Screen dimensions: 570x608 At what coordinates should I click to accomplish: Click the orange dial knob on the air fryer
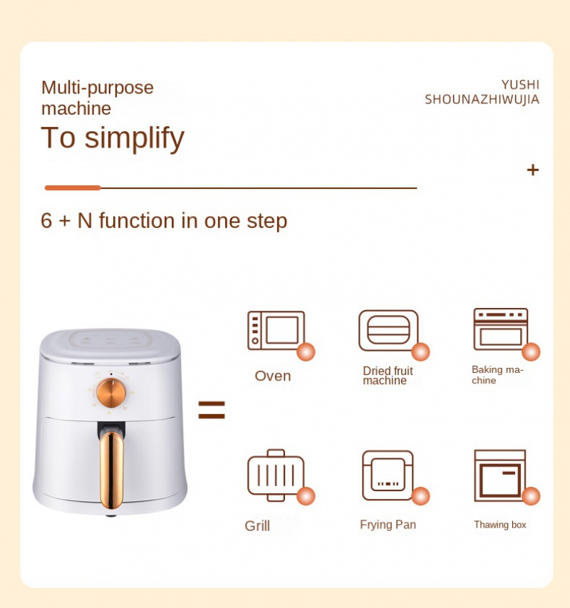pyautogui.click(x=111, y=393)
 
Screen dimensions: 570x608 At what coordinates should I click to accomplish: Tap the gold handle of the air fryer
pyautogui.click(x=112, y=470)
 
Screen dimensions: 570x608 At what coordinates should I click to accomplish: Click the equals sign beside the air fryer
pyautogui.click(x=212, y=410)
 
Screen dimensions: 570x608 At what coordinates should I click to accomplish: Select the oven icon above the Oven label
pyautogui.click(x=276, y=330)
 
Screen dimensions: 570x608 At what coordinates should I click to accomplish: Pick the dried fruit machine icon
pyautogui.click(x=388, y=330)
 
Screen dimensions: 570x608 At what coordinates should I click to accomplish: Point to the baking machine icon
pyautogui.click(x=501, y=329)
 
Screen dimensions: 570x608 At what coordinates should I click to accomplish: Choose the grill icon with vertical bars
pyautogui.click(x=276, y=475)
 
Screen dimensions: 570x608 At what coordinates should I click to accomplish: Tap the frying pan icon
pyautogui.click(x=388, y=475)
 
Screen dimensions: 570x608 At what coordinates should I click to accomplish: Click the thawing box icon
pyautogui.click(x=500, y=475)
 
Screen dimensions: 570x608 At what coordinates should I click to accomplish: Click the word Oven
pyautogui.click(x=273, y=376)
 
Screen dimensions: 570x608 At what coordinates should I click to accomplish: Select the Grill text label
pyautogui.click(x=257, y=526)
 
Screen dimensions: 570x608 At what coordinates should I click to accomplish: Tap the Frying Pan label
pyautogui.click(x=388, y=525)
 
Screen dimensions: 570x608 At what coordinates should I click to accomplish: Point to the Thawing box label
pyautogui.click(x=500, y=525)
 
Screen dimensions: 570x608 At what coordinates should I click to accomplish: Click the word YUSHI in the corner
pyautogui.click(x=520, y=85)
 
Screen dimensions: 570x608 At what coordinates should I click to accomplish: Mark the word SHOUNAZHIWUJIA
pyautogui.click(x=482, y=99)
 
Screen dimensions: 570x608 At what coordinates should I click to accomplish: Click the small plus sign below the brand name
pyautogui.click(x=533, y=170)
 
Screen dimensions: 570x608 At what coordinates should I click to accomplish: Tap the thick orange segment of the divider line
pyautogui.click(x=73, y=187)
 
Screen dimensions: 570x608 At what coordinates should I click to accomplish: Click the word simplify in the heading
pyautogui.click(x=135, y=138)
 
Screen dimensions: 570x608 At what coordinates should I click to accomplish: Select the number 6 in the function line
pyautogui.click(x=46, y=220)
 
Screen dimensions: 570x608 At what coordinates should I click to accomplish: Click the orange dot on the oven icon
pyautogui.click(x=306, y=351)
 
